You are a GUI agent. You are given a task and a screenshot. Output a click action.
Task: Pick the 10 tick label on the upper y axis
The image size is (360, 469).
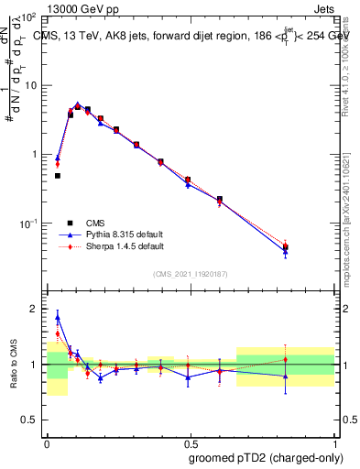[x=30, y=85]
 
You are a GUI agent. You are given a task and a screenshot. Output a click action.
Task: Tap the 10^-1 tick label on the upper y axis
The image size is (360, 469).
[x=27, y=223]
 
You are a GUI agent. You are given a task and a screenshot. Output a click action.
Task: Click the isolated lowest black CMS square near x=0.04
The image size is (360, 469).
[x=57, y=176]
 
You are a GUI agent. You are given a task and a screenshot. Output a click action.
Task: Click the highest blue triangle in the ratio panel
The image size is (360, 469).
[x=58, y=318]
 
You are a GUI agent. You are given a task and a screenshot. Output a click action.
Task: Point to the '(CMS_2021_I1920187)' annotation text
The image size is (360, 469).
[x=190, y=274]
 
